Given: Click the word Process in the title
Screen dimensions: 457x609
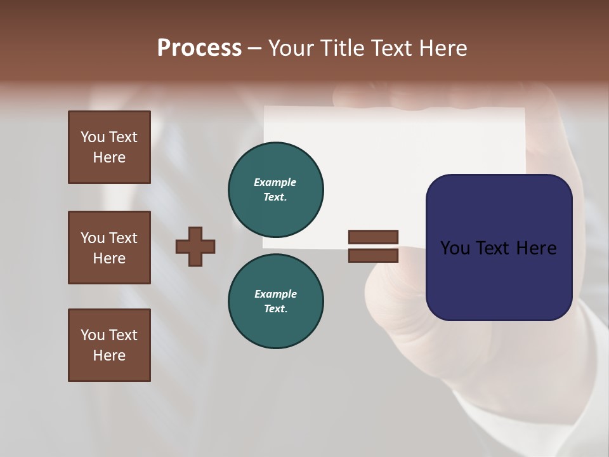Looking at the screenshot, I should pyautogui.click(x=199, y=48).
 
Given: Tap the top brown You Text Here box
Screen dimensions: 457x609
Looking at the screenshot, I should pyautogui.click(x=109, y=147).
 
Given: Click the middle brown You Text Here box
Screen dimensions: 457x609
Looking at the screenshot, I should pyautogui.click(x=109, y=248).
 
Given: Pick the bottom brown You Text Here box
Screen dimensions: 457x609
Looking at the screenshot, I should pyautogui.click(x=109, y=345).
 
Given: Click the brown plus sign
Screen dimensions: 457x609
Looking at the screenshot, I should pyautogui.click(x=195, y=246).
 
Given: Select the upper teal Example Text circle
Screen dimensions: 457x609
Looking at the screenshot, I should pyautogui.click(x=275, y=189).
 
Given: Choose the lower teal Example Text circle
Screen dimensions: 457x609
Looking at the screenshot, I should pyautogui.click(x=275, y=301).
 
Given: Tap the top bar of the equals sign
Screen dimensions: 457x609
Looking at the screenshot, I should pyautogui.click(x=373, y=237).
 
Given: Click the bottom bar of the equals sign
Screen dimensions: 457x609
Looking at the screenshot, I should pyautogui.click(x=373, y=256).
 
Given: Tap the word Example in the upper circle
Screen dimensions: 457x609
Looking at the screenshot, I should pyautogui.click(x=275, y=182).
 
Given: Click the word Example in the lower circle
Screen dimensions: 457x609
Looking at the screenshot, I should pyautogui.click(x=275, y=294).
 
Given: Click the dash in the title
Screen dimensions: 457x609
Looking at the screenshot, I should pyautogui.click(x=254, y=48).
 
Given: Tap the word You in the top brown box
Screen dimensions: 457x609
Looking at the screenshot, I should pyautogui.click(x=92, y=137).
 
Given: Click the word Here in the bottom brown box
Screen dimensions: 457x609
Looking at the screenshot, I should pyautogui.click(x=109, y=355).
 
